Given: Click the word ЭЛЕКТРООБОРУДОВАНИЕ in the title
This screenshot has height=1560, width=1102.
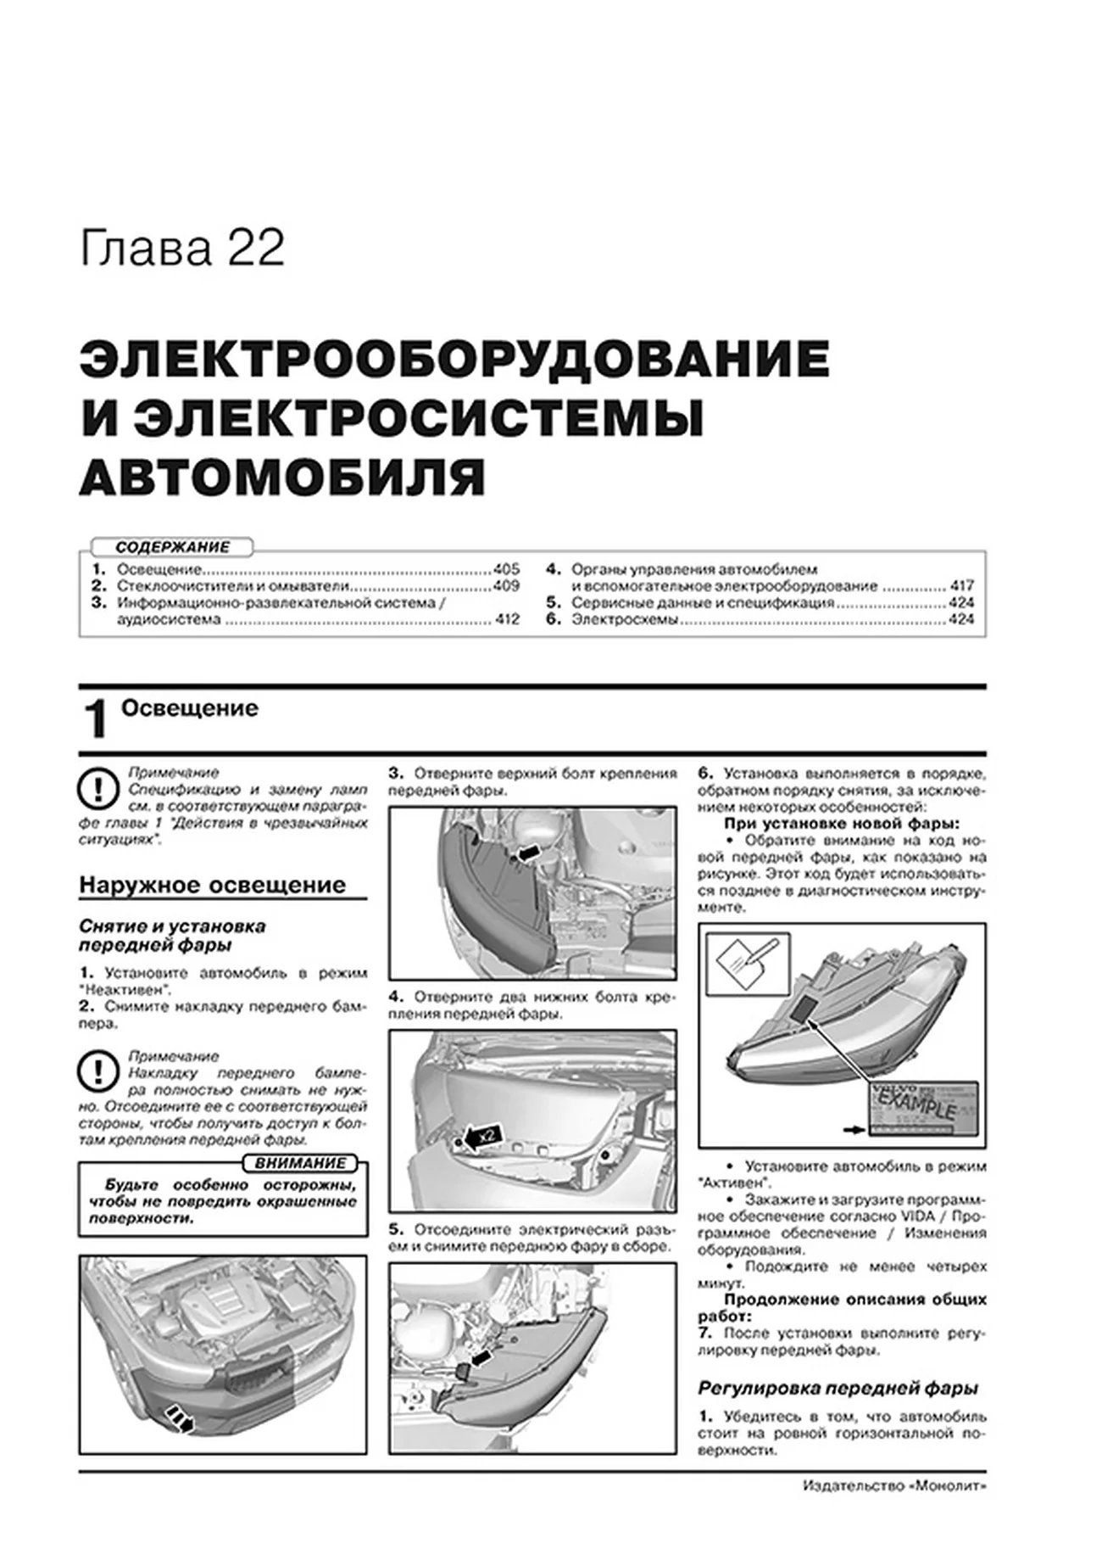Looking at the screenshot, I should pos(454,361).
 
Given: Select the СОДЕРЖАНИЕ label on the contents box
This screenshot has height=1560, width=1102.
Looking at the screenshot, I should pos(172,547).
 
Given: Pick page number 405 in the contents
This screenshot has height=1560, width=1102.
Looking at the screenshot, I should pos(506,570).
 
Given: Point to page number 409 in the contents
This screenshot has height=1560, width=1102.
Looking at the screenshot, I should pos(506,586).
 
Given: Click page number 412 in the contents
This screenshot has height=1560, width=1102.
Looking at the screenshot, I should pos(506,620).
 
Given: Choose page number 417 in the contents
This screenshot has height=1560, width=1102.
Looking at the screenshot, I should pos(961,586).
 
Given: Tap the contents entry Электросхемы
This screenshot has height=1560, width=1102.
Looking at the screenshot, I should pos(625,620).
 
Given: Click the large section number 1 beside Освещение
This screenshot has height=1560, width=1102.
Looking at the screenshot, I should pos(97,720).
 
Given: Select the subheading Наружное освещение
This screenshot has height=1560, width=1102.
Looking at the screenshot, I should pos(213,886).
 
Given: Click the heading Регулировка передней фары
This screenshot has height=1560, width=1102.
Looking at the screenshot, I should pos(838,1389).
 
